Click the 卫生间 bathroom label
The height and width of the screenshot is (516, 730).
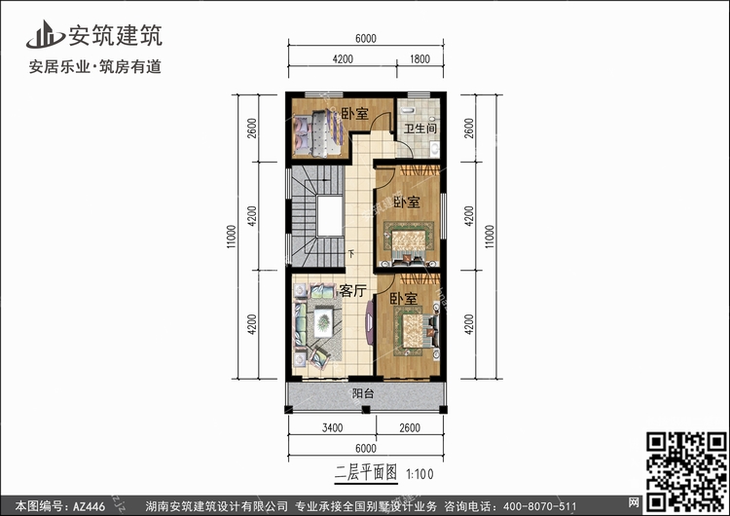(x=420, y=129)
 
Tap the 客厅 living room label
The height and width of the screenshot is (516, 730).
(x=352, y=290)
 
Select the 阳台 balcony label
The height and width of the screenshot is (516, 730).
(x=363, y=393)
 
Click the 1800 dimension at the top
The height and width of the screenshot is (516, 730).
(x=420, y=59)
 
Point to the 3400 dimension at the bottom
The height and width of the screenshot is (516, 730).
(x=333, y=427)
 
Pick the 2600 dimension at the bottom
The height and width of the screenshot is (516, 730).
(x=410, y=427)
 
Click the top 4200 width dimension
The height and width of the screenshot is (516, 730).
(x=343, y=59)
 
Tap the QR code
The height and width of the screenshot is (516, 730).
(x=687, y=471)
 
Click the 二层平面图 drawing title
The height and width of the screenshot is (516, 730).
(x=366, y=473)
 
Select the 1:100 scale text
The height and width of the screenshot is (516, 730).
(x=420, y=474)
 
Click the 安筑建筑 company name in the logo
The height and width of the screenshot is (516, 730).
(x=116, y=35)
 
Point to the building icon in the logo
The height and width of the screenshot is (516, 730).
(x=45, y=34)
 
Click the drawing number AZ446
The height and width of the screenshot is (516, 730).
(x=89, y=506)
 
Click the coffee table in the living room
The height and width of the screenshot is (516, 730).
(x=322, y=322)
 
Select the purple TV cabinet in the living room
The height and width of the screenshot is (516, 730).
(x=369, y=322)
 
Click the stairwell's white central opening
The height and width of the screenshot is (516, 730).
(x=330, y=216)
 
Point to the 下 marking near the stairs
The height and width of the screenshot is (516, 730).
(x=351, y=253)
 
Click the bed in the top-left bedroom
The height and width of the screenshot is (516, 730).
(x=320, y=133)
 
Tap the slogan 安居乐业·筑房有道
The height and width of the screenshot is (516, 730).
(x=95, y=66)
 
